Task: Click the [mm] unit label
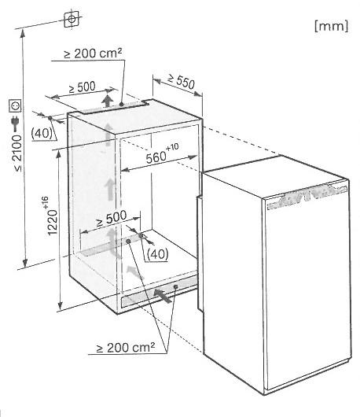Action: pos(331,26)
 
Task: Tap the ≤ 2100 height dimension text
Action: pos(17,153)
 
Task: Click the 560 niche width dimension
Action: pos(162,153)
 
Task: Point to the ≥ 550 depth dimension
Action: pos(182,81)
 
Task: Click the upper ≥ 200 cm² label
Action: pos(93,53)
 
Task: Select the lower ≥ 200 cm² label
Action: pos(126,347)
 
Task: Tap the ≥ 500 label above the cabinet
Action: pos(82,87)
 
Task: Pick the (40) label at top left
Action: pos(42,133)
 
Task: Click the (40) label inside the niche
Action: pos(157,254)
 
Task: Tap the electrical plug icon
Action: pos(15,124)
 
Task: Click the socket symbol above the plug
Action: pos(15,106)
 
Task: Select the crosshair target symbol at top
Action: pos(72,19)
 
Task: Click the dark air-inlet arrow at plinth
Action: pos(163,296)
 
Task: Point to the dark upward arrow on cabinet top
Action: pos(108,101)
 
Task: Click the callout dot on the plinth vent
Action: pos(175,286)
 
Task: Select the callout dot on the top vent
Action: pos(121,105)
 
